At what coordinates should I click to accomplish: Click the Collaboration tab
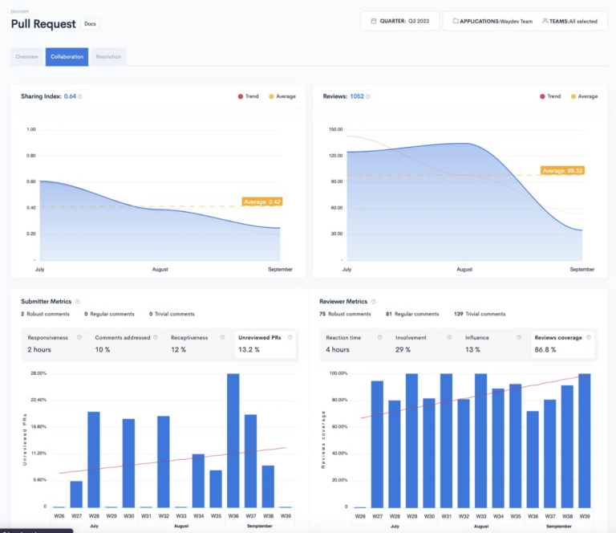67,57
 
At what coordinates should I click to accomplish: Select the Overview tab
27,57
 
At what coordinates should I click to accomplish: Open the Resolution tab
108,57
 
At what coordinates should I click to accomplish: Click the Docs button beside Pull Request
91,24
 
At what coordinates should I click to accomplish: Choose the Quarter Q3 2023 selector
399,21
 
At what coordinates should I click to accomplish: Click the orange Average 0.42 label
261,201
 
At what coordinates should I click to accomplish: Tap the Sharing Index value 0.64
70,96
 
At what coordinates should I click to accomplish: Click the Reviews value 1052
357,96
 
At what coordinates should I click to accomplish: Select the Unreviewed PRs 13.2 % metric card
265,344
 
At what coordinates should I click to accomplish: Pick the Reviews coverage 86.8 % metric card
562,344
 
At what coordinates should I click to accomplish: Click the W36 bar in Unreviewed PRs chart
233,440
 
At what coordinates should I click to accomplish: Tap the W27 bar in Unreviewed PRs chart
76,494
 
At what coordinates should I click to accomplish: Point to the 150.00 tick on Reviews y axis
332,129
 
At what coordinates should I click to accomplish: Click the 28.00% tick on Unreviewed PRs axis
37,373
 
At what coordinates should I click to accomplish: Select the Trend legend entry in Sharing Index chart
248,96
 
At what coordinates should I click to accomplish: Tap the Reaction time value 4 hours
337,350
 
